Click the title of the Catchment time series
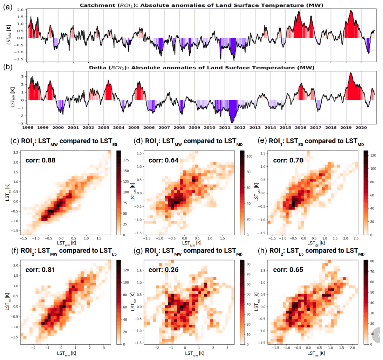coord(201,5)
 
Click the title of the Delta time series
coord(201,68)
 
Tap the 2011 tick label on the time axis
coord(225,128)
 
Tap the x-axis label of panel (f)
coord(65,353)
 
